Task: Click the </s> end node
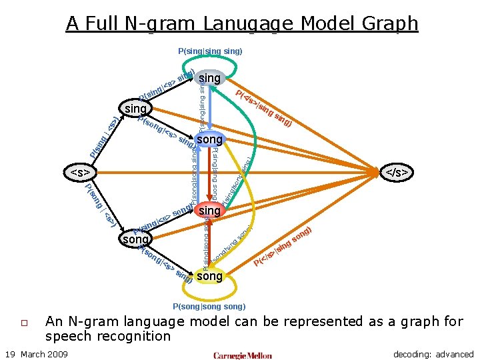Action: [397, 173]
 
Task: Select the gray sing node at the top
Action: [209, 78]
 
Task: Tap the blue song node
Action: [209, 140]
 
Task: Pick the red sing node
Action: [209, 211]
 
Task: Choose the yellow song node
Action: [209, 275]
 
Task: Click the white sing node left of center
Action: [135, 107]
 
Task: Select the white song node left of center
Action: [135, 239]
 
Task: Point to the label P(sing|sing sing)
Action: [210, 51]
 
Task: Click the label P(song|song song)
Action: [209, 307]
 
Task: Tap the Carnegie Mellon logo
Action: [242, 355]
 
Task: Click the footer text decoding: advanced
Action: [433, 354]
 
